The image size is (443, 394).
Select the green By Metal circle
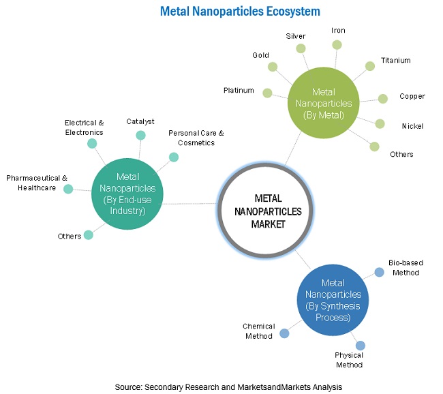324,104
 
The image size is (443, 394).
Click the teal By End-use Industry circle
127,194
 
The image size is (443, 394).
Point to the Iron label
338,31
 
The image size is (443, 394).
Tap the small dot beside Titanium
370,66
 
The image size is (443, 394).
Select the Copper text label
412,96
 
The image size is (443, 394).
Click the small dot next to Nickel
380,123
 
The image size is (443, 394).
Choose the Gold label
260,55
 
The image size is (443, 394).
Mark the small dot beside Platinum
267,93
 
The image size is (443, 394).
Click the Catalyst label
140,121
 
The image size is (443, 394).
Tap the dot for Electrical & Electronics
90,142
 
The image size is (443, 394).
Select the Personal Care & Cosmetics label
196,138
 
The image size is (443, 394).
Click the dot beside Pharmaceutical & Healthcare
68,189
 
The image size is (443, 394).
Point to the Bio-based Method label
403,267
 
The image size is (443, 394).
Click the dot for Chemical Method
284,333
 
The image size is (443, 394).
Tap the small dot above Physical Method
360,346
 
